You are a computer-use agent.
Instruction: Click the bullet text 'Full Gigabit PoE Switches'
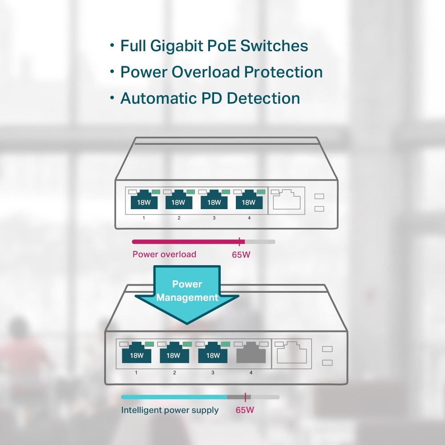tap(214, 46)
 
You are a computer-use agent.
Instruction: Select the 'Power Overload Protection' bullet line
tap(221, 72)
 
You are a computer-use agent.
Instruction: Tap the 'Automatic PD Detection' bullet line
tap(210, 98)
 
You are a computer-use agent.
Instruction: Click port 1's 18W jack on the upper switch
tap(144, 201)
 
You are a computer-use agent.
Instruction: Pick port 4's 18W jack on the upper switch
tap(249, 201)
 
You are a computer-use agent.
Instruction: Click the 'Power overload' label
tap(164, 255)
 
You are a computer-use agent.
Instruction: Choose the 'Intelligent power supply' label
tap(170, 410)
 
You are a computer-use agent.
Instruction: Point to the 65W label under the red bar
tap(241, 255)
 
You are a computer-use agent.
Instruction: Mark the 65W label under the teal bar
tap(245, 410)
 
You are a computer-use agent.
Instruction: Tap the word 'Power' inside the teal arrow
tap(187, 284)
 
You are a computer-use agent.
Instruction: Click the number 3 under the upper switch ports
tap(214, 218)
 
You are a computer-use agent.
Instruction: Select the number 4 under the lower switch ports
tap(251, 372)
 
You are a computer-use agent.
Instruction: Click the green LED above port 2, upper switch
tap(191, 191)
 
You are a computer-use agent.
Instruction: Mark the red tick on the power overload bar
tap(240, 242)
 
